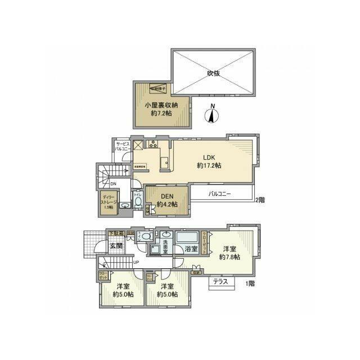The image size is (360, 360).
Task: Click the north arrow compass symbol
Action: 212,115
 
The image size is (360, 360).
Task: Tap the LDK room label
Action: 209,161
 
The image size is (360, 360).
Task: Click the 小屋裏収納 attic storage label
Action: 161,109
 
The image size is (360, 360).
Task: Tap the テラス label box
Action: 220,282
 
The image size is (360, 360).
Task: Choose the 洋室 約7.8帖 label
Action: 231,253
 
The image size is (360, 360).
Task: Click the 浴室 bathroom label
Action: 190,249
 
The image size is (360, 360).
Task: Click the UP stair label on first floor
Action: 136,262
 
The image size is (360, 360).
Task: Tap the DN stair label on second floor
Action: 112,184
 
